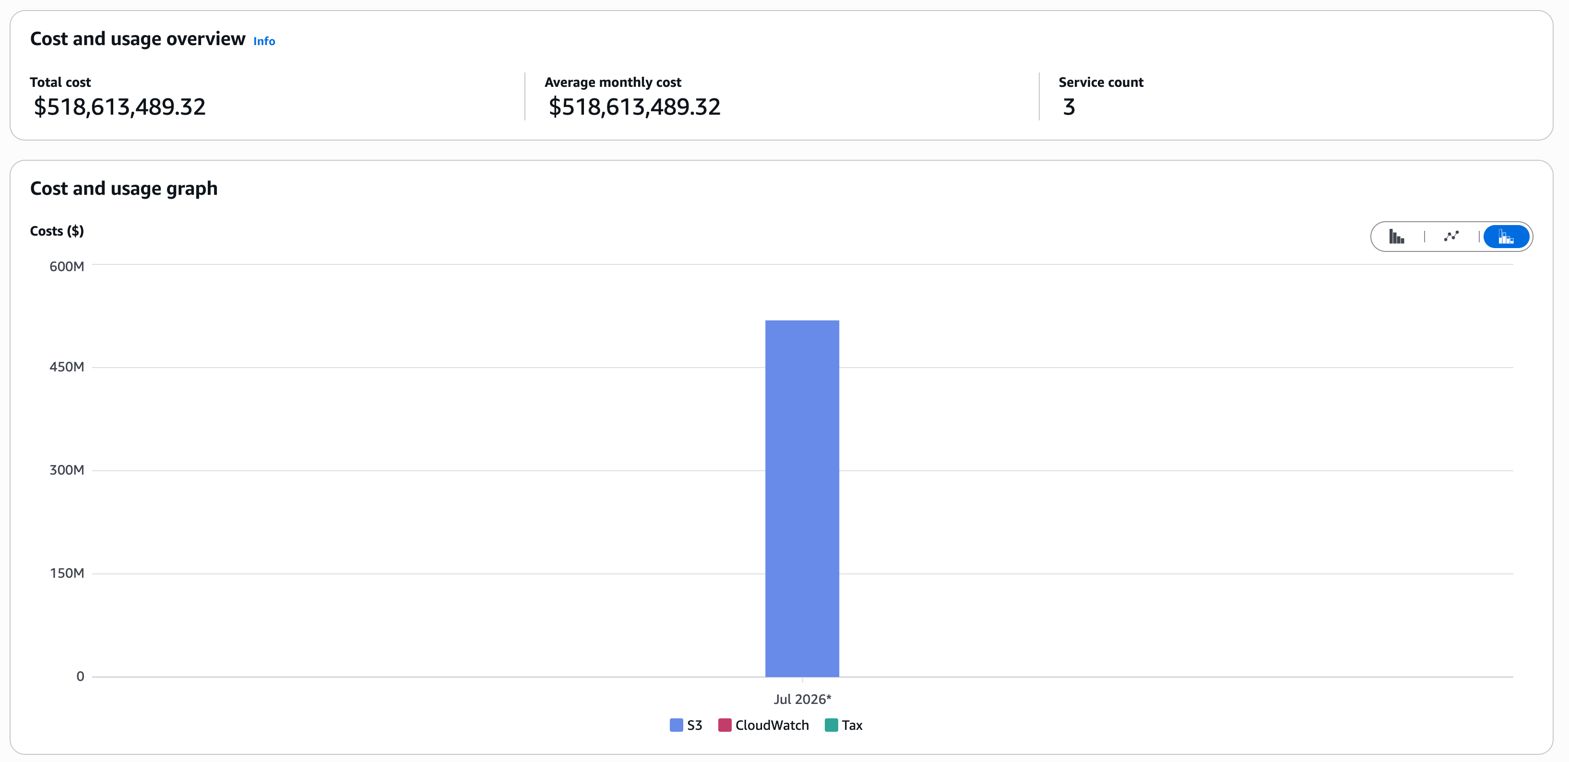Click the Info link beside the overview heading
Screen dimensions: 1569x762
[x=264, y=41]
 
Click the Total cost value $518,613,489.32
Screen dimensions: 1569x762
[x=119, y=107]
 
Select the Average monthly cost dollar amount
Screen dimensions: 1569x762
[x=634, y=107]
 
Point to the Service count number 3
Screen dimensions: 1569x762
[x=1069, y=107]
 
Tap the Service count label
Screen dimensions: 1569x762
[x=1101, y=82]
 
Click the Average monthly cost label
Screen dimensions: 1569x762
[x=613, y=82]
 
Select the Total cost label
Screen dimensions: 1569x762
[x=60, y=82]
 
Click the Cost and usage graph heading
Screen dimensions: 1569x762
[x=124, y=188]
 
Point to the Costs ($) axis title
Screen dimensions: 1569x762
[x=57, y=231]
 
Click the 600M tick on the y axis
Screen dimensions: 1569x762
[x=67, y=266]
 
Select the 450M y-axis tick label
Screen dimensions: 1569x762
[x=67, y=367]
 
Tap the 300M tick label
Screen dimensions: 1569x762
[x=67, y=470]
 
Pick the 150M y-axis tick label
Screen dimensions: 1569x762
[x=67, y=572]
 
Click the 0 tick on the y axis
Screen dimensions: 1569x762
[x=81, y=676]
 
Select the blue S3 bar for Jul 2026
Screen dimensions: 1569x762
[x=802, y=498]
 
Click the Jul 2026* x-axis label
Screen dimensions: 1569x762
[x=802, y=699]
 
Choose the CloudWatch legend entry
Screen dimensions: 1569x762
[x=764, y=725]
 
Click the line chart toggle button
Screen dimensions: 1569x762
[x=1451, y=237]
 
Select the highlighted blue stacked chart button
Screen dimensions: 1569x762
[x=1506, y=237]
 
